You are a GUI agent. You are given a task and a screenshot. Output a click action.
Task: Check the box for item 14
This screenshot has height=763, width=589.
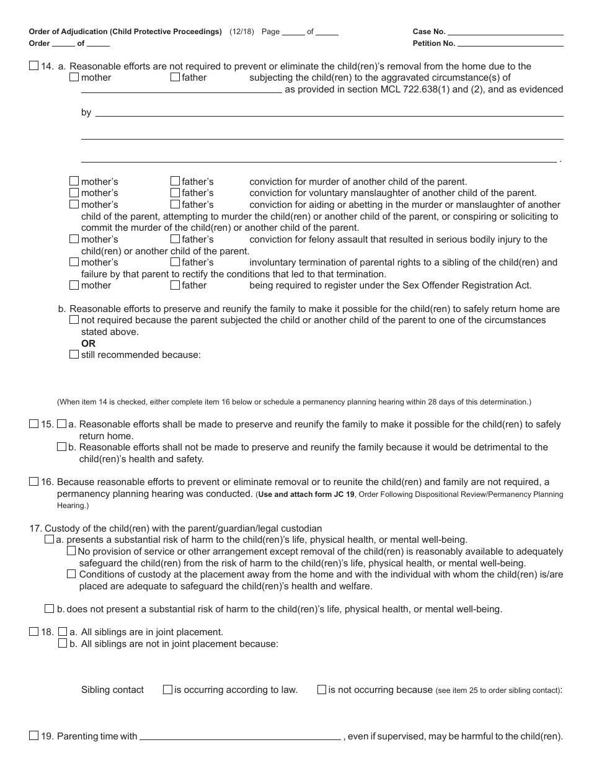33,66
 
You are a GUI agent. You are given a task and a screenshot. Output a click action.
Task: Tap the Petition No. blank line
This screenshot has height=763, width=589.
510,43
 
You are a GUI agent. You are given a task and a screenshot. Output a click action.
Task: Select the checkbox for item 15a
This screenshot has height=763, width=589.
61,424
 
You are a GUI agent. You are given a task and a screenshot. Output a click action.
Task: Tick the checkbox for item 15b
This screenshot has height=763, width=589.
61,447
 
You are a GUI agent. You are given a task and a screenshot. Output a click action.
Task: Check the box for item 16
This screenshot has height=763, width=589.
33,481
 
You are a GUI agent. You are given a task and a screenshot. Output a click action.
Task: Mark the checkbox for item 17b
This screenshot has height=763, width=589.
49,609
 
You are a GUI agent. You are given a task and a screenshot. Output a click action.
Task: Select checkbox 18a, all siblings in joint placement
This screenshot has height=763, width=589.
62,631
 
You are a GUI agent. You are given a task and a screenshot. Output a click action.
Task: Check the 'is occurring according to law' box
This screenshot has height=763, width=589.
167,689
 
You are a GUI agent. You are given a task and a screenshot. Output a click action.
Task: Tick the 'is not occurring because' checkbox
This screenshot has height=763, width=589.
321,689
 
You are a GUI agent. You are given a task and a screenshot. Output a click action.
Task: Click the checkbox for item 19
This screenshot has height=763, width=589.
33,736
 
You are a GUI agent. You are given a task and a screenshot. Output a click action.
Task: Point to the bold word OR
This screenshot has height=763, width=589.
88,343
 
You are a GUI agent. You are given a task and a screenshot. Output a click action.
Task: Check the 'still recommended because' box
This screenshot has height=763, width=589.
74,354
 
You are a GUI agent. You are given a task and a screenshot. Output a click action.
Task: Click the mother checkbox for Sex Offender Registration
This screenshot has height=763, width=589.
74,285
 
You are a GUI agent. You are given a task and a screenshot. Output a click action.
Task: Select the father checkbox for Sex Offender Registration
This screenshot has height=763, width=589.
175,285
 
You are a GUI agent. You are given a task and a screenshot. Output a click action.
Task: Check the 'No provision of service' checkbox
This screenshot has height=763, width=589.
71,551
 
